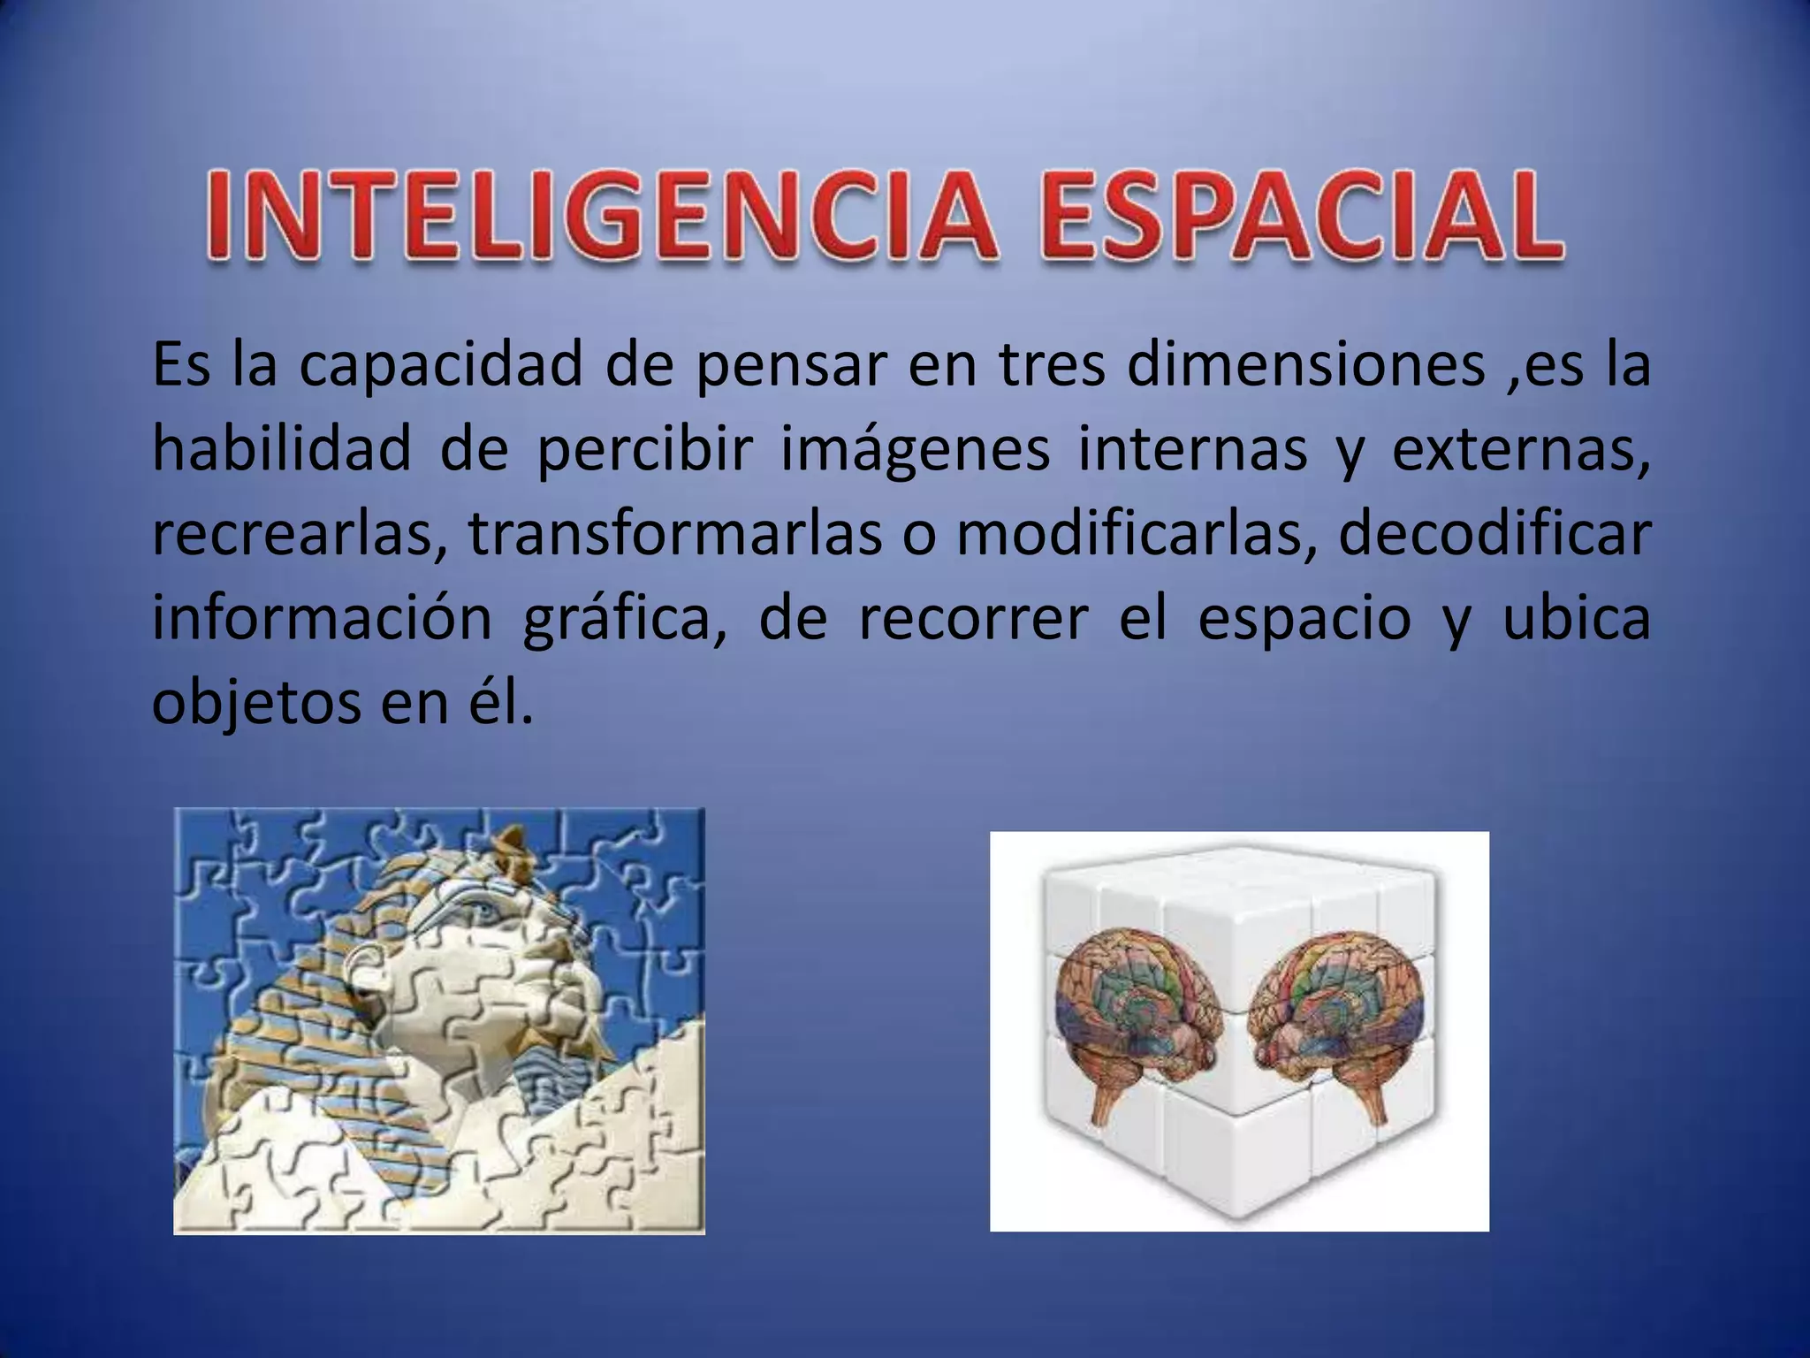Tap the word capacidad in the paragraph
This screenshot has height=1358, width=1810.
point(439,365)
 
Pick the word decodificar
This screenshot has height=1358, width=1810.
point(1494,535)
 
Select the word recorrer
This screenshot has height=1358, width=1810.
point(972,619)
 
